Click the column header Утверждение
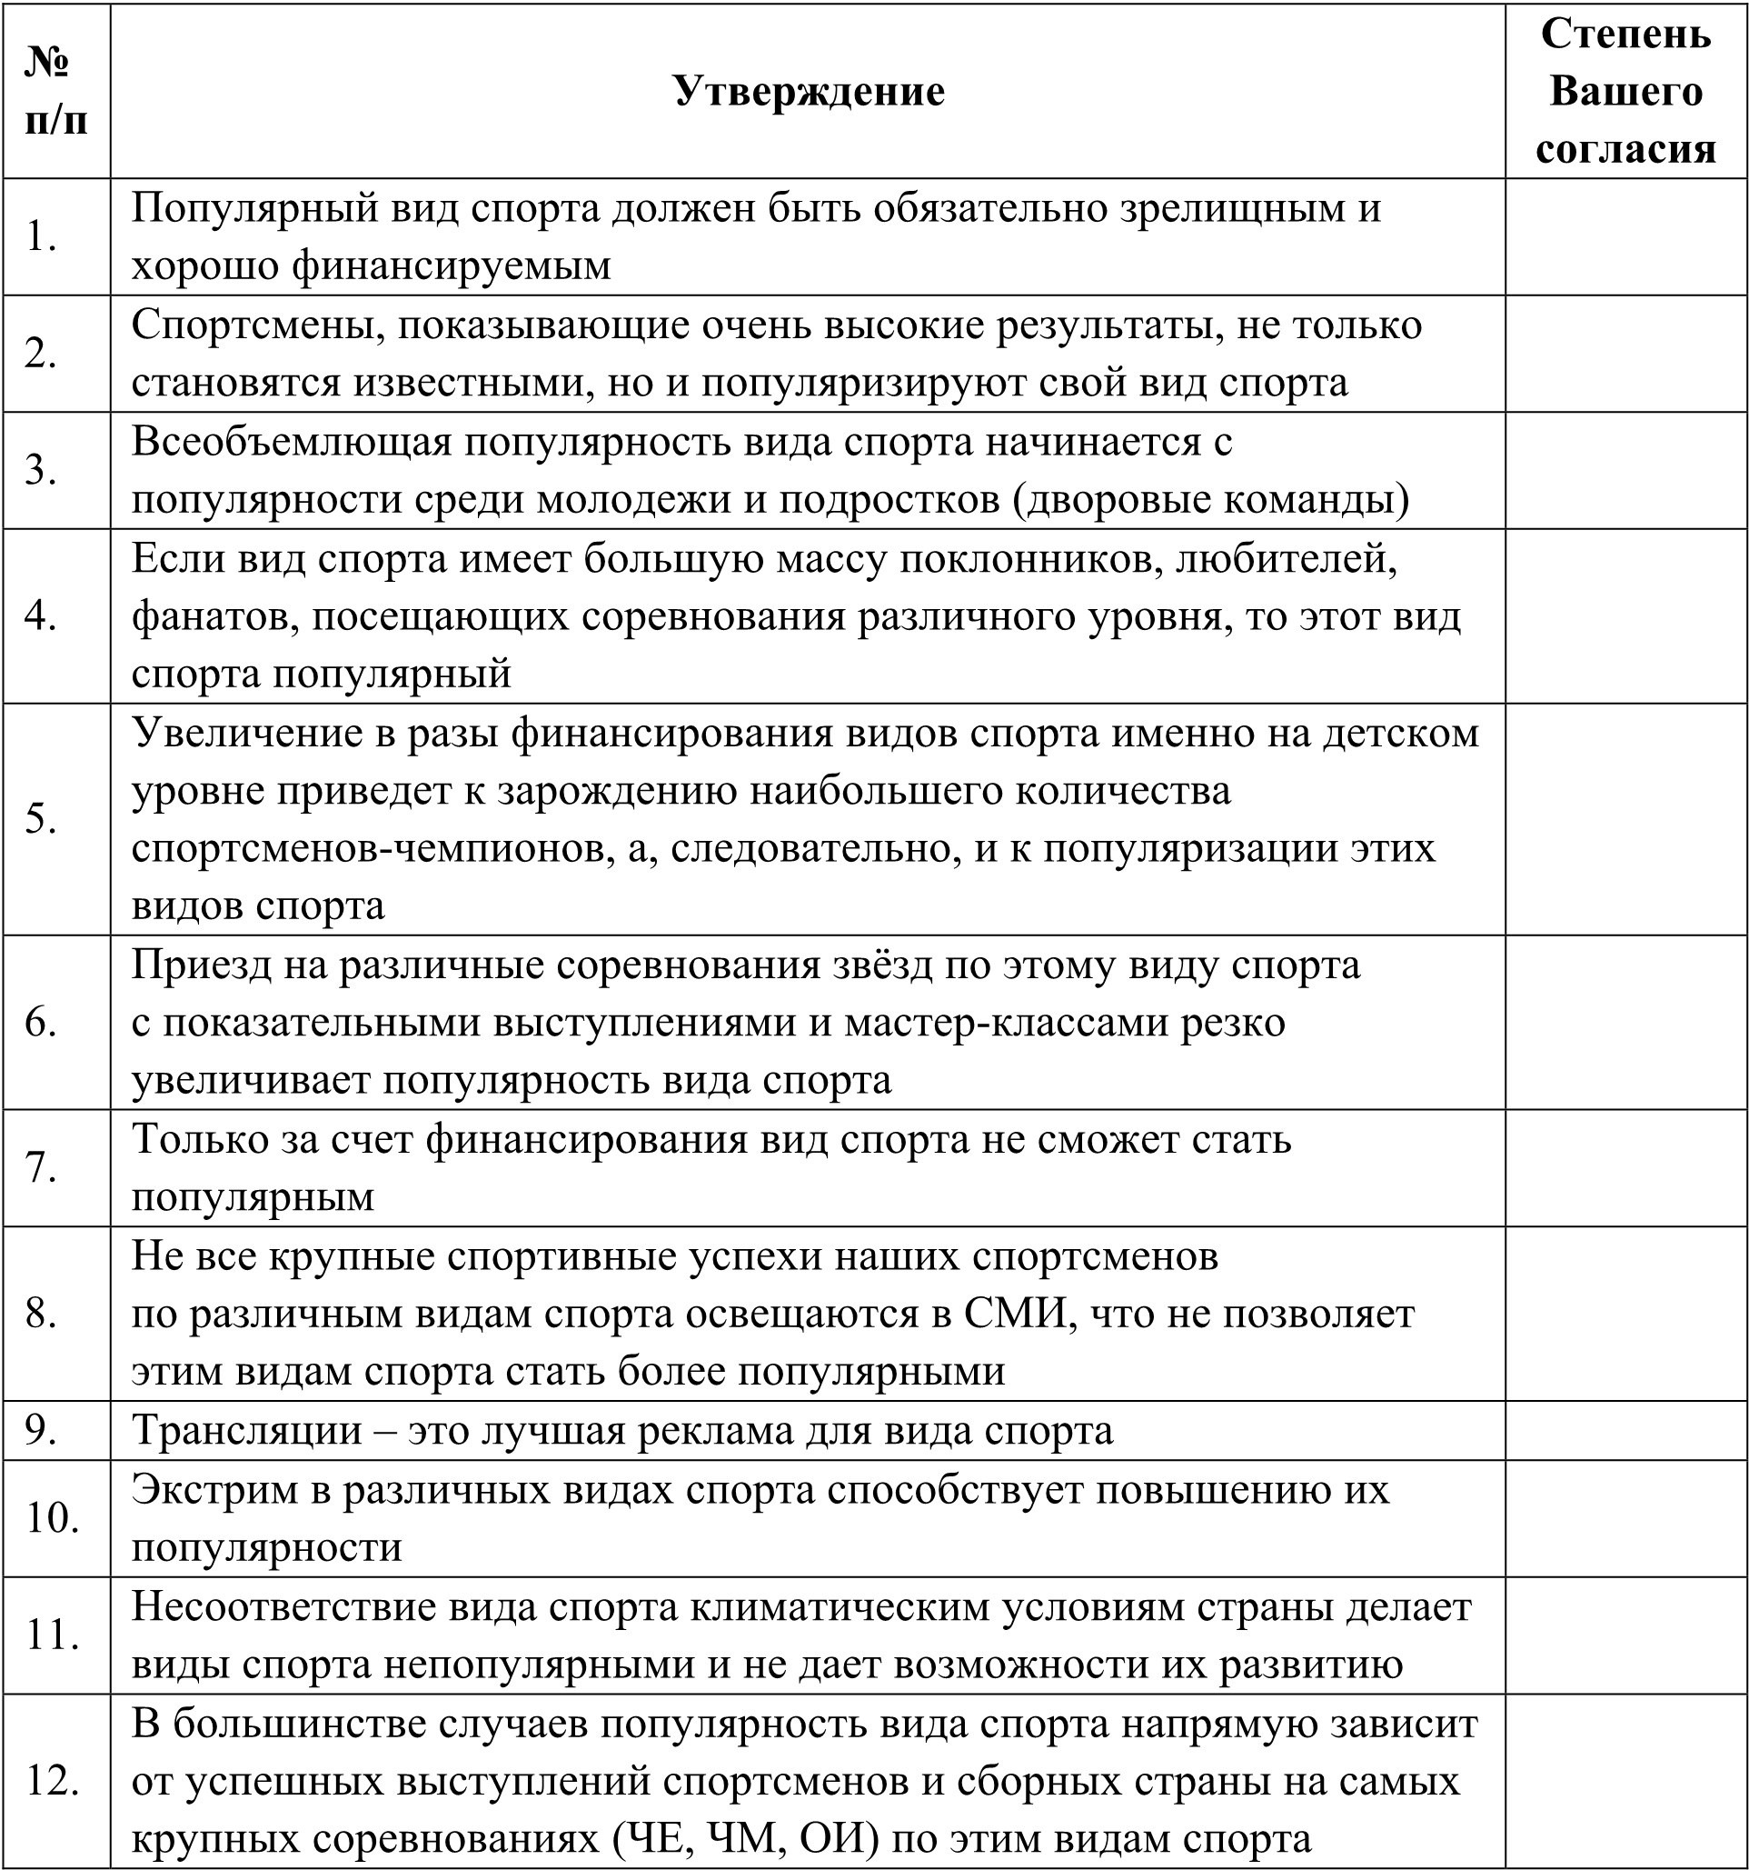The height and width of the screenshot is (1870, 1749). (x=808, y=92)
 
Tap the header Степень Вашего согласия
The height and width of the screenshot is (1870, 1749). (x=1625, y=91)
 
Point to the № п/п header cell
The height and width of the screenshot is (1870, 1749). (x=56, y=91)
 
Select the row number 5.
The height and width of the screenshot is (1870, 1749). (x=42, y=819)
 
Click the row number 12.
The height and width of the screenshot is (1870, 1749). (x=53, y=1781)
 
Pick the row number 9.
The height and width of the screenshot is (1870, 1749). (x=42, y=1431)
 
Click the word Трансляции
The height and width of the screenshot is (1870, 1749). (x=247, y=1431)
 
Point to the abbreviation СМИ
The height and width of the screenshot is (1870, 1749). (x=1020, y=1314)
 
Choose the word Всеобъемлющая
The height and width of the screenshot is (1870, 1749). (x=292, y=441)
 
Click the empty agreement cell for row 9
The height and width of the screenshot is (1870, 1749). (x=1625, y=1431)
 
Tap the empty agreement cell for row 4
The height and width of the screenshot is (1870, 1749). (x=1625, y=616)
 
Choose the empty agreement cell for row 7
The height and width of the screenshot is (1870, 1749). (x=1625, y=1167)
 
